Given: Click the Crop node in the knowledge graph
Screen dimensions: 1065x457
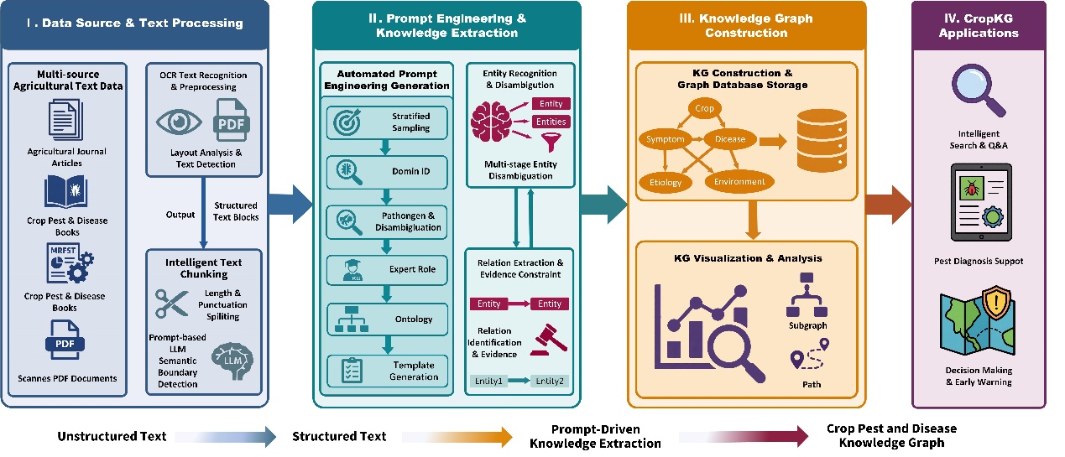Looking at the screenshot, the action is pyautogui.click(x=704, y=108).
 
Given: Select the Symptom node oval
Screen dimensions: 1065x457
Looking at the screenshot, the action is pyautogui.click(x=665, y=139).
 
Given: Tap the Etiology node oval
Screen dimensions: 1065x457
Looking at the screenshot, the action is pyautogui.click(x=666, y=183).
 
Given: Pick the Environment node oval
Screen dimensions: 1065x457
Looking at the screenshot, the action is pyautogui.click(x=739, y=181).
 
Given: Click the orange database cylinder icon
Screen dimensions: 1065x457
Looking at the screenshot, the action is pyautogui.click(x=822, y=141).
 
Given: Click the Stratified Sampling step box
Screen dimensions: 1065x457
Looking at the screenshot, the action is pyautogui.click(x=387, y=122).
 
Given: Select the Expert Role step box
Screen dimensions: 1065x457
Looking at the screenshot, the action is pyautogui.click(x=387, y=270).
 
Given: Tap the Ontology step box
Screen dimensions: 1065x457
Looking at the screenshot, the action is pyautogui.click(x=387, y=319).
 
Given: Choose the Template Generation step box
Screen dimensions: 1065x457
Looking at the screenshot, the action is pyautogui.click(x=387, y=371).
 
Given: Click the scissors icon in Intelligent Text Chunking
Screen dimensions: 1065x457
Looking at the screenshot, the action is pyautogui.click(x=172, y=303).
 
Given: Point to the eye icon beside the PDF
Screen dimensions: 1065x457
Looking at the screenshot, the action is pyautogui.click(x=179, y=122).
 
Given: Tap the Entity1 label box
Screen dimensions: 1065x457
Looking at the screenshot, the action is pyautogui.click(x=488, y=381).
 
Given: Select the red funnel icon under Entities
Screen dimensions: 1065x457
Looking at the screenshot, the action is pyautogui.click(x=551, y=142).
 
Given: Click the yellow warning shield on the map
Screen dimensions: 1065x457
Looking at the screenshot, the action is pyautogui.click(x=996, y=303).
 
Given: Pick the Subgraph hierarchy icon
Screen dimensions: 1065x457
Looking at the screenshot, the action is pyautogui.click(x=807, y=294).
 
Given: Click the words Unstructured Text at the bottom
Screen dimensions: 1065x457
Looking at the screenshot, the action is pyautogui.click(x=112, y=436).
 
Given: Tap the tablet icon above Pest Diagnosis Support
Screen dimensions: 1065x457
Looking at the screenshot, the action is pyautogui.click(x=981, y=202).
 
